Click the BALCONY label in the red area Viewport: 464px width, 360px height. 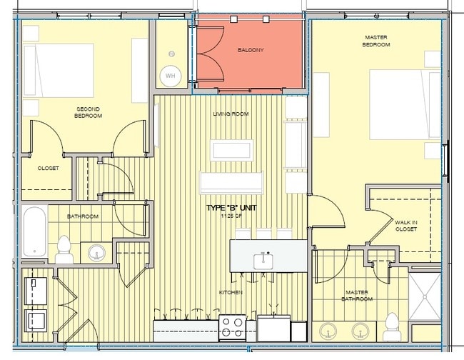click(x=251, y=50)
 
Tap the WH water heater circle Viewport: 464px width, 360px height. click(x=170, y=75)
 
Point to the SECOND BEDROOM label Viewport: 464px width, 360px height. click(x=89, y=111)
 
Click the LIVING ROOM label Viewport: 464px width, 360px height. click(x=231, y=114)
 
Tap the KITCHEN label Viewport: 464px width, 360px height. click(x=231, y=293)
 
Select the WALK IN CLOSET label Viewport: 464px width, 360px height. click(x=406, y=226)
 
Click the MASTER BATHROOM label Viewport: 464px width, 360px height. click(x=357, y=295)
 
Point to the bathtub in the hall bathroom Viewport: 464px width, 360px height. click(x=34, y=231)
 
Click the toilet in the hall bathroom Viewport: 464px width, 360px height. click(x=64, y=249)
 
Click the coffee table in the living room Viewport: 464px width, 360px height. click(x=231, y=150)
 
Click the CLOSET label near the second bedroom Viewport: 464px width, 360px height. click(x=49, y=169)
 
